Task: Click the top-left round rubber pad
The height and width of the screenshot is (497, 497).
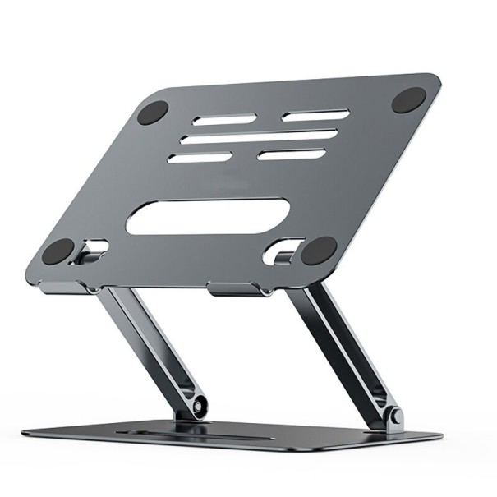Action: point(153,113)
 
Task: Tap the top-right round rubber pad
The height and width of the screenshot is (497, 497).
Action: point(408,100)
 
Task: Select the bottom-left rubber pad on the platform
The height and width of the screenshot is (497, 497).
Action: point(58,251)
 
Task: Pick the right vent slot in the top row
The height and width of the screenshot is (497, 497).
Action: point(315,115)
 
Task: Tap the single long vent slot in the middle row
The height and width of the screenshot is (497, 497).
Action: point(260,136)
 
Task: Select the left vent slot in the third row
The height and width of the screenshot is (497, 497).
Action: point(200,156)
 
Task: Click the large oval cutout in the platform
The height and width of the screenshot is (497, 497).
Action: point(208,218)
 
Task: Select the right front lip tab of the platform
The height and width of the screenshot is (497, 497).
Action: point(236,289)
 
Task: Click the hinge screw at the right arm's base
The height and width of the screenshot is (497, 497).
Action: point(397,416)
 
